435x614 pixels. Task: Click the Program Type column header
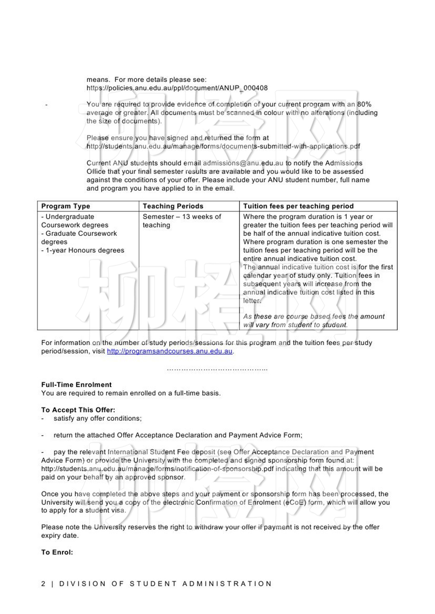point(66,206)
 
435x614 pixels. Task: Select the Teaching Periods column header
point(173,206)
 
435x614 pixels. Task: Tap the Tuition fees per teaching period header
point(298,206)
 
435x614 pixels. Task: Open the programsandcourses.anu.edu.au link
point(170,351)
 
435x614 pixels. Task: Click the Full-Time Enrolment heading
point(76,385)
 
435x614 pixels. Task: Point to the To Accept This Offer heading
point(78,410)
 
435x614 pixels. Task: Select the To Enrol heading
point(57,552)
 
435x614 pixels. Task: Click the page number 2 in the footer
point(43,584)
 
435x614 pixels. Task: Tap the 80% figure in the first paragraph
point(364,104)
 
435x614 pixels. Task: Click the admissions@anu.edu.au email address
point(243,163)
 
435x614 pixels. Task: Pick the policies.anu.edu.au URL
point(177,88)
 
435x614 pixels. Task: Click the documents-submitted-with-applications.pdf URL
point(223,146)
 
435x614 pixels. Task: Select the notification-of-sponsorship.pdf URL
point(157,469)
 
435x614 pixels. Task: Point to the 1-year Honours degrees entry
point(83,250)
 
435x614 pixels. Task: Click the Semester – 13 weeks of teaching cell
point(182,221)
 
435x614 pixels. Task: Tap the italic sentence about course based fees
point(314,321)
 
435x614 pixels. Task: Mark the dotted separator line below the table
point(217,369)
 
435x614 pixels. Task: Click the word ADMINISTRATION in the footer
point(227,584)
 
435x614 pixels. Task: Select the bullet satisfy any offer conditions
point(98,418)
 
